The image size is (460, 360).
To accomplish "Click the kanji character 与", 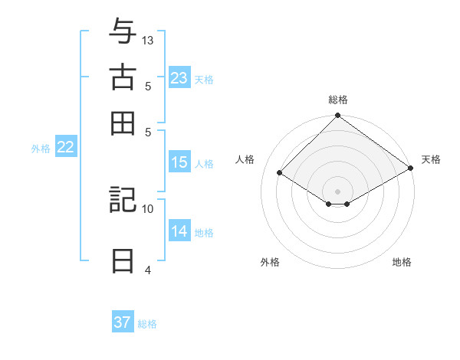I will [x=122, y=32].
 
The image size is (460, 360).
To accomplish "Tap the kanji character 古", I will [x=122, y=77].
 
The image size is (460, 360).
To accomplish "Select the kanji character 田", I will [x=122, y=123].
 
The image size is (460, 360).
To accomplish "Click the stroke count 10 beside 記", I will [x=148, y=208].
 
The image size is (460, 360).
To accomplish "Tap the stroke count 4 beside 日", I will [x=148, y=270].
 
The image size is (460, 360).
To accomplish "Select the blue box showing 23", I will [x=179, y=78].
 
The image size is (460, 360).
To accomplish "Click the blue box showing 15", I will [x=179, y=162].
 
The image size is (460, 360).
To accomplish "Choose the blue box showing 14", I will [x=179, y=232].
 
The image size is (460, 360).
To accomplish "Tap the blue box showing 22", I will [x=65, y=148].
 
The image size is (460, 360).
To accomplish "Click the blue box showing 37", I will [x=123, y=322].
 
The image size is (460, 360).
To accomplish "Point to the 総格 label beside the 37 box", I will [x=147, y=324].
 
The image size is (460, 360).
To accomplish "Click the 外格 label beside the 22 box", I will [x=40, y=149].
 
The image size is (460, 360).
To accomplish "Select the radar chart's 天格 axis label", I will [x=431, y=159].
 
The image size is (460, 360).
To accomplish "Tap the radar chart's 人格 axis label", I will [x=245, y=159].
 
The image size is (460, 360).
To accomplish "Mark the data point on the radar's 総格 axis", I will [x=337, y=116].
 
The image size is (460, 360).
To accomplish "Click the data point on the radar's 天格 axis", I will [x=411, y=169].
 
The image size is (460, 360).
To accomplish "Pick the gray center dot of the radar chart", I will [x=337, y=191].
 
